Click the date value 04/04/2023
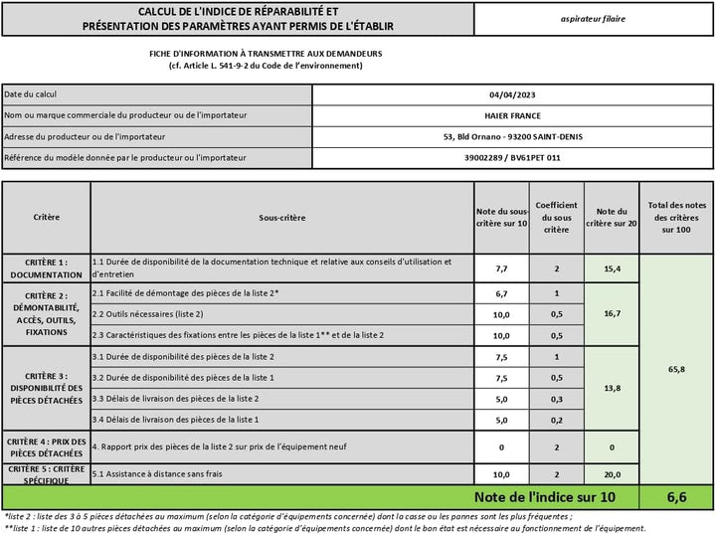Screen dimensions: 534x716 [513, 94]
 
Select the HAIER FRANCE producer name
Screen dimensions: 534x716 [513, 115]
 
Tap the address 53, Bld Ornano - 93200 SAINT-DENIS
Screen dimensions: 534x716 [513, 136]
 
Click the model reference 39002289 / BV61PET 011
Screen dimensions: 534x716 [513, 157]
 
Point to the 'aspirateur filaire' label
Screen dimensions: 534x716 [594, 18]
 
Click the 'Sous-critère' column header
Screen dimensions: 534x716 [281, 217]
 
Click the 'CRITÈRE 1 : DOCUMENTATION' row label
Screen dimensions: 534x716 [46, 267]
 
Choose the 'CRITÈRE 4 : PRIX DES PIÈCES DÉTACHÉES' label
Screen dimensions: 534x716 [46, 447]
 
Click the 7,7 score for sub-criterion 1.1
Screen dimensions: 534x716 [501, 268]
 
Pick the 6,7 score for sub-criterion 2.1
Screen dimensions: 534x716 [501, 293]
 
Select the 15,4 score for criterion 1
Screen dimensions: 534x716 [612, 268]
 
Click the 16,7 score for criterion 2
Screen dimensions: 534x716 [612, 313]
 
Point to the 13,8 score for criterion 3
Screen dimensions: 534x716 [612, 387]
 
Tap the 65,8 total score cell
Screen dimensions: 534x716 [676, 369]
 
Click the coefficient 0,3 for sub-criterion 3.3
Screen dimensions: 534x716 [556, 398]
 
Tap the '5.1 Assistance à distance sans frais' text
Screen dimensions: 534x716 [157, 473]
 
